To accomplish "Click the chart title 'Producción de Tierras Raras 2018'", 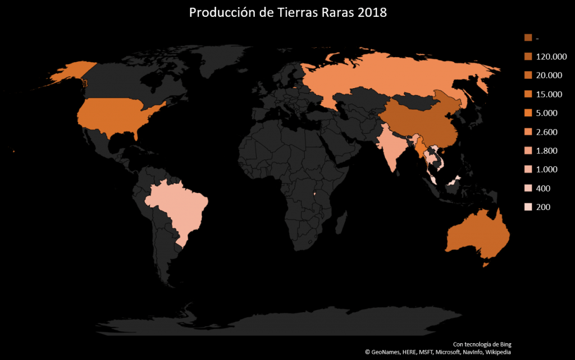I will pyautogui.click(x=287, y=13).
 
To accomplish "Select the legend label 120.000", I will pyautogui.click(x=551, y=57).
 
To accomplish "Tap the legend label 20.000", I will pyautogui.click(x=549, y=75).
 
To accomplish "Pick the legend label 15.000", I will pyautogui.click(x=549, y=94).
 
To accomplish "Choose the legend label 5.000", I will pyautogui.click(x=547, y=113).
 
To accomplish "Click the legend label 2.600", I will pyautogui.click(x=547, y=132).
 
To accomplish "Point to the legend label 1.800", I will pyautogui.click(x=547, y=151).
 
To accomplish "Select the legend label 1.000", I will pyautogui.click(x=547, y=170).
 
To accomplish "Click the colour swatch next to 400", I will pyautogui.click(x=528, y=188).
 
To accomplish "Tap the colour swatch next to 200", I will pyautogui.click(x=528, y=207).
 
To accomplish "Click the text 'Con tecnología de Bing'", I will pyautogui.click(x=482, y=344).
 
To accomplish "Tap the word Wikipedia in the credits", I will pyautogui.click(x=495, y=352).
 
